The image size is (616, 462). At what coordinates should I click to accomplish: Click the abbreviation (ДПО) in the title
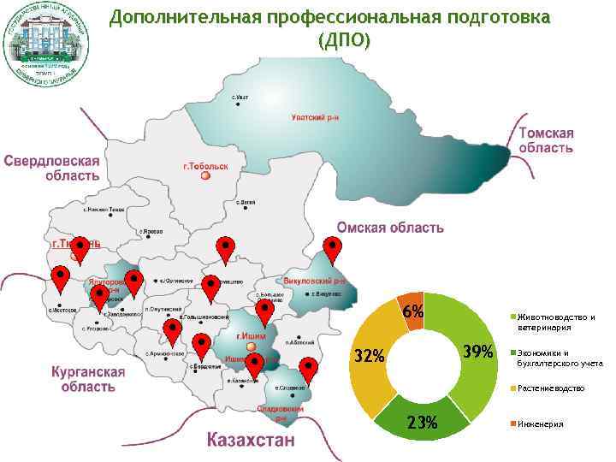click(x=344, y=40)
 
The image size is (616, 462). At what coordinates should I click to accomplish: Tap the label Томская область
click(x=545, y=140)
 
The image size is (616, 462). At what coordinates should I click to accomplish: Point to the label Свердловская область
click(x=51, y=168)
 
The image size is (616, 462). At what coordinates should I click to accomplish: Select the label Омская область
click(x=390, y=228)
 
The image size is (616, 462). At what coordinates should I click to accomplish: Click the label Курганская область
click(x=88, y=379)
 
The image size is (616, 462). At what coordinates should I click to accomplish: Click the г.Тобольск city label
click(x=205, y=165)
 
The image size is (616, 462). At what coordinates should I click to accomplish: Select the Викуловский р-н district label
click(x=312, y=281)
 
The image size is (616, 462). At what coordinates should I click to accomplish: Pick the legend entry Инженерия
click(x=540, y=424)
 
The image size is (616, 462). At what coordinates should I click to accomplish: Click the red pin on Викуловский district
click(x=333, y=251)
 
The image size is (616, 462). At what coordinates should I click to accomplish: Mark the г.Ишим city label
click(x=249, y=336)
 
